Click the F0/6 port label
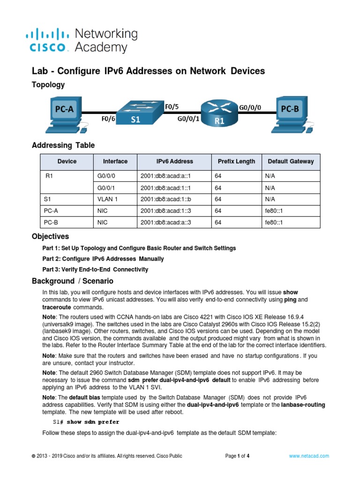(108, 119)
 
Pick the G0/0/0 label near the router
(250, 107)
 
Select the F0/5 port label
(172, 107)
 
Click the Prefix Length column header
(236, 161)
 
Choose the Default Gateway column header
(291, 161)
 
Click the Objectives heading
(50, 236)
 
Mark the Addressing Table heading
(63, 145)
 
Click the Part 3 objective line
(95, 270)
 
